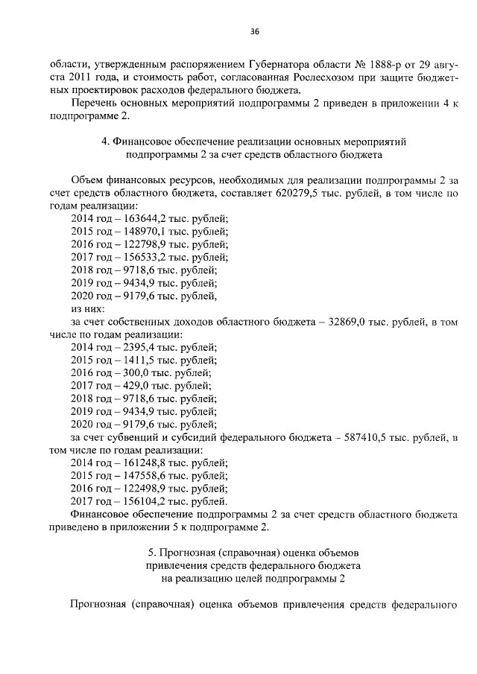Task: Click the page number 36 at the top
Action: pos(255,31)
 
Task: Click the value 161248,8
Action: pos(139,462)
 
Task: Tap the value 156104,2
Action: pos(139,501)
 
